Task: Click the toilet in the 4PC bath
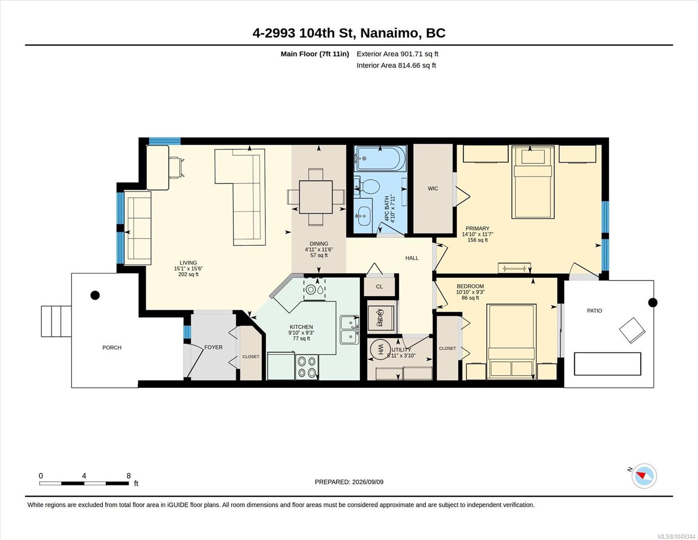(367, 187)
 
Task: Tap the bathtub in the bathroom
(380, 158)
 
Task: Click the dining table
(316, 197)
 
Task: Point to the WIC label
(433, 189)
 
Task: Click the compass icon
(644, 476)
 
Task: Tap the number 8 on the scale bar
(129, 476)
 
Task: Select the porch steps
(56, 321)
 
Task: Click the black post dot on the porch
(95, 295)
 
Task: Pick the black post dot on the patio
(653, 302)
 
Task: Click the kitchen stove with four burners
(307, 367)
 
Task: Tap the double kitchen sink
(350, 330)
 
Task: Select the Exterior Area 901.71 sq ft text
(397, 54)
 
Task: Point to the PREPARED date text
(349, 482)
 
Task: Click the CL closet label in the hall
(379, 286)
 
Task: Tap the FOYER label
(213, 347)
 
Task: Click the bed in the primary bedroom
(533, 182)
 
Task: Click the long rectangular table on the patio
(607, 364)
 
